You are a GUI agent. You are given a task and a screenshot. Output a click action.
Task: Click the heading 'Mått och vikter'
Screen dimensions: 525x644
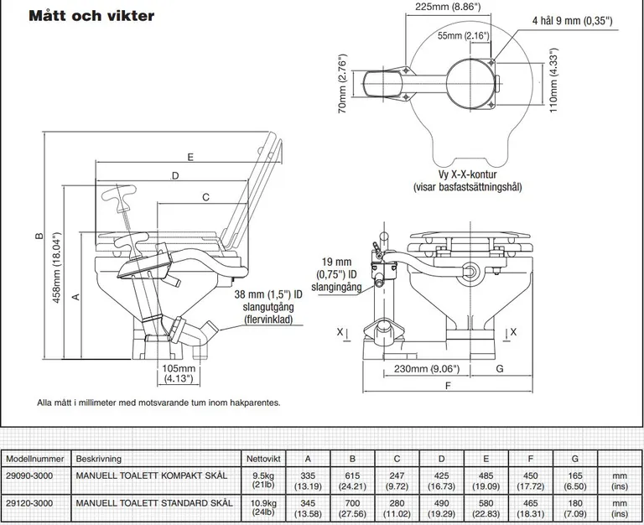pyautogui.click(x=91, y=15)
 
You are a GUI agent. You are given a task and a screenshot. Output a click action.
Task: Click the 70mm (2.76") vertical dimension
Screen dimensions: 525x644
pyautogui.click(x=343, y=86)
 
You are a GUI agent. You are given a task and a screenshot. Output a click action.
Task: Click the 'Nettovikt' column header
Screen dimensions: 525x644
pyautogui.click(x=264, y=459)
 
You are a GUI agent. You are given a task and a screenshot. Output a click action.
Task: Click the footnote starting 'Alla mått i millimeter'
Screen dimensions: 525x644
pyautogui.click(x=158, y=403)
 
